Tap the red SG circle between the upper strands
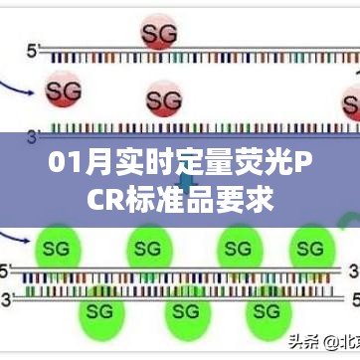(x=164, y=99)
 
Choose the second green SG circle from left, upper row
(x=148, y=247)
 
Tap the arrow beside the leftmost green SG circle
(x=17, y=239)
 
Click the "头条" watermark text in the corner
(x=300, y=341)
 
